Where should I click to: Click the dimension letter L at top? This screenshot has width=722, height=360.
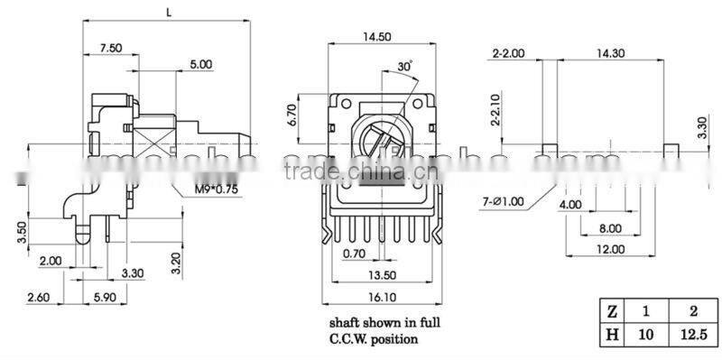point(170,12)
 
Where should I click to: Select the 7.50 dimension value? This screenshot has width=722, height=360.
point(112,47)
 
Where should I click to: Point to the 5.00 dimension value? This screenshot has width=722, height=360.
point(201,64)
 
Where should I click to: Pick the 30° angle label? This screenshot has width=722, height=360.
point(404,67)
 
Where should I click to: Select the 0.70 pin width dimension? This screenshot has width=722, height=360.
point(354,254)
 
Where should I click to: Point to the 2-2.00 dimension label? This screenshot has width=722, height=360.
point(509,53)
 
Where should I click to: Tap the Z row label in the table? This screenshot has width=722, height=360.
point(612,311)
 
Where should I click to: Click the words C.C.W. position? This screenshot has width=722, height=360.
point(374,340)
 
